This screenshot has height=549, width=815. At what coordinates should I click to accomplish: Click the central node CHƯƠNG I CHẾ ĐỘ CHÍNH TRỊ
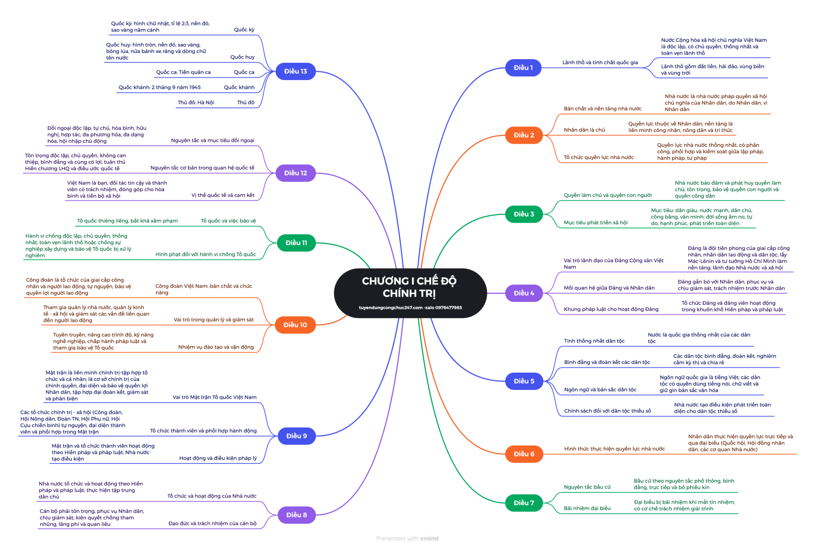(410, 287)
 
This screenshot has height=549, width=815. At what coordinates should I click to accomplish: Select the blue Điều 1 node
(523, 68)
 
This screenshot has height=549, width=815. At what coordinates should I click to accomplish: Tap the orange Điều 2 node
(524, 135)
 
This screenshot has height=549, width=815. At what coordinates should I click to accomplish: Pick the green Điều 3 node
(524, 214)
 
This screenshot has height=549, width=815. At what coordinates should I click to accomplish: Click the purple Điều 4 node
(524, 293)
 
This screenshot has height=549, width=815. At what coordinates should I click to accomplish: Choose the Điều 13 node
(295, 71)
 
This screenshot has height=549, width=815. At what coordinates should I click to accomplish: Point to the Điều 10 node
(295, 325)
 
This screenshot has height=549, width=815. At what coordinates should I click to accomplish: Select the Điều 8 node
(296, 515)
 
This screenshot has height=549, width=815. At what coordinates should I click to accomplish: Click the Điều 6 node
(524, 454)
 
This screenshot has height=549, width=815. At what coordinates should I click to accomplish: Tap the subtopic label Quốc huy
(242, 57)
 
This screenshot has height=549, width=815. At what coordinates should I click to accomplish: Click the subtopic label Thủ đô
(246, 102)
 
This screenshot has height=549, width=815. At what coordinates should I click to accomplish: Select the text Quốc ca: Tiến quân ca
(183, 72)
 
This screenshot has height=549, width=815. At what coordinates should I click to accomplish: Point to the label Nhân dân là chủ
(584, 130)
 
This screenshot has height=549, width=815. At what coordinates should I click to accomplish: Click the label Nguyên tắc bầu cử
(587, 487)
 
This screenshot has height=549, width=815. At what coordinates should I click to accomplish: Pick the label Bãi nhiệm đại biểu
(587, 508)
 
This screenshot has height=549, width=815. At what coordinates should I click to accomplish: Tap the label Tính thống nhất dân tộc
(594, 341)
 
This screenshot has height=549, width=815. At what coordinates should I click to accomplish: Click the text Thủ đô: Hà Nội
(196, 102)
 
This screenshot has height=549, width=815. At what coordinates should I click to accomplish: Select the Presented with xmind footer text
(407, 538)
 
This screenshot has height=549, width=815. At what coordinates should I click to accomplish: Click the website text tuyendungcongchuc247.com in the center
(391, 307)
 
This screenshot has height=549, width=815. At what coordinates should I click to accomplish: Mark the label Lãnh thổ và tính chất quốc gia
(600, 63)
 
